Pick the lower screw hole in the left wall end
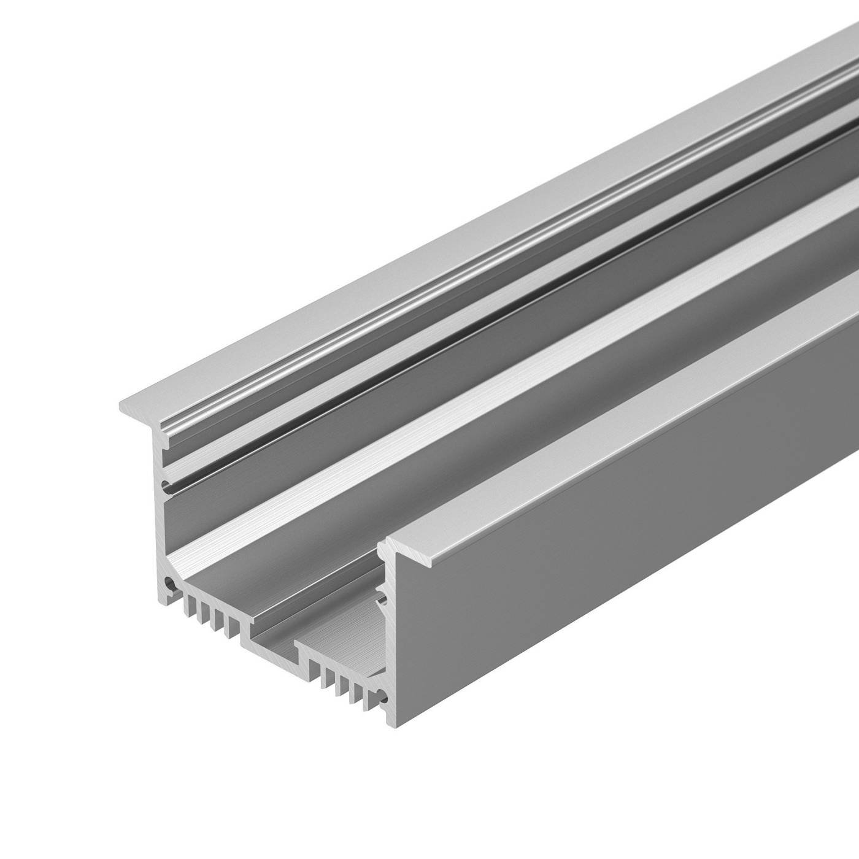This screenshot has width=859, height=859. pos(168,581)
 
